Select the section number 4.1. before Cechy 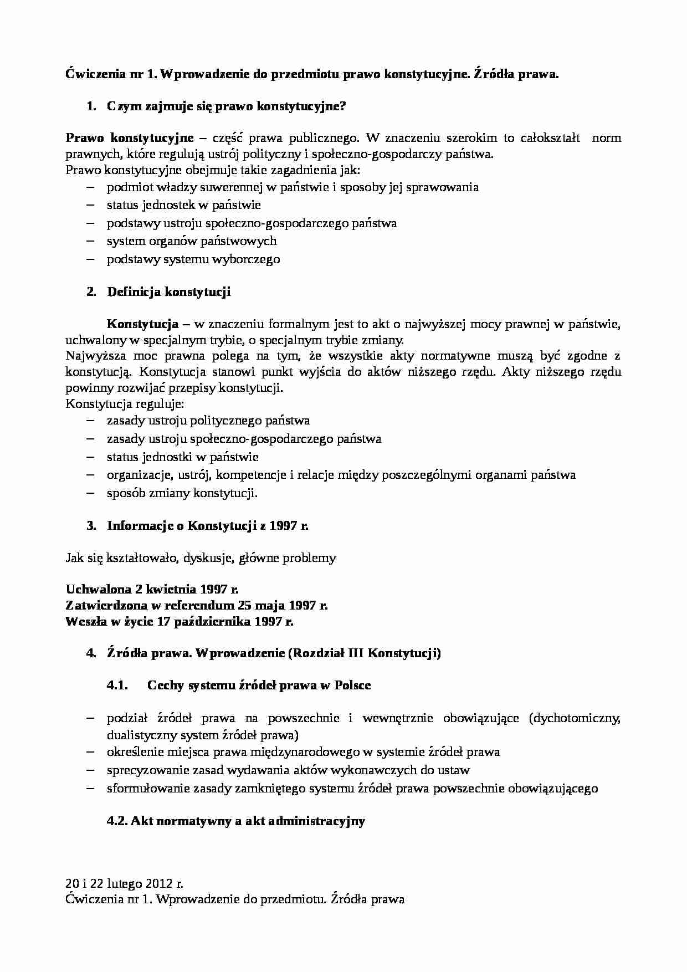[117, 685]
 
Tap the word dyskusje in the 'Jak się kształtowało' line [208, 557]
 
